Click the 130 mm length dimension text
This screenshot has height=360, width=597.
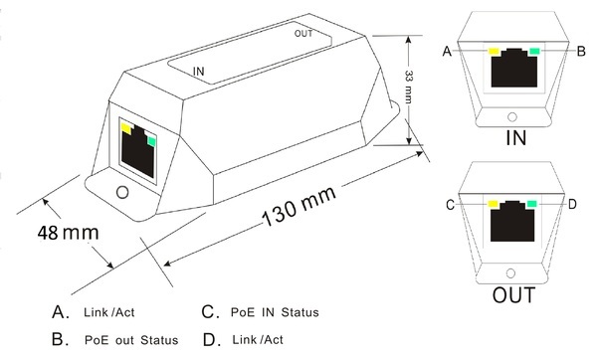[299, 206]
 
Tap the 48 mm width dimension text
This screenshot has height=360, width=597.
[68, 233]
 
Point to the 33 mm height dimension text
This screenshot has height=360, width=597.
[408, 87]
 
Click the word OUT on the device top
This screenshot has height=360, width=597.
[303, 34]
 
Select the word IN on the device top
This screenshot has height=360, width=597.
[198, 72]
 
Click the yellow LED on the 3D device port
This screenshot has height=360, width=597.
[126, 128]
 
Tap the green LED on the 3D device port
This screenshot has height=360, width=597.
[151, 141]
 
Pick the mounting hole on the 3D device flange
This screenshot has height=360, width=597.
[122, 193]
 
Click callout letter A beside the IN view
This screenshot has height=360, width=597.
[447, 51]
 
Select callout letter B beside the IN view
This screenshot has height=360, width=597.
[581, 51]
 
